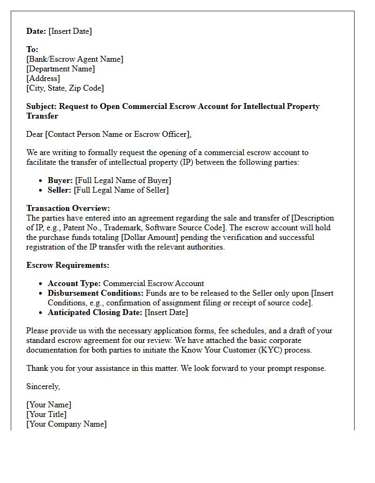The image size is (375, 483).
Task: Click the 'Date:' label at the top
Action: click(x=36, y=31)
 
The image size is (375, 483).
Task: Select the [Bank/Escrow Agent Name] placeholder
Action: click(x=74, y=59)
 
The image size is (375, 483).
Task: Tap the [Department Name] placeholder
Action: click(x=61, y=69)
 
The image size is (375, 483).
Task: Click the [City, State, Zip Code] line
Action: click(x=65, y=88)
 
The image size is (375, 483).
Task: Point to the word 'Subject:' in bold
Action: click(x=43, y=106)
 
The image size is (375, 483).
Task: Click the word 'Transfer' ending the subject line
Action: click(x=42, y=116)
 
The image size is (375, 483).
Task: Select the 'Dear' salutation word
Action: click(x=35, y=134)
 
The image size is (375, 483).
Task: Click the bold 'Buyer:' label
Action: click(x=60, y=180)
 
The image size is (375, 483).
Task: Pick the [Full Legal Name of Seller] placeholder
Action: click(x=121, y=190)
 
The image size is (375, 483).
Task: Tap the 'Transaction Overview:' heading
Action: click(x=68, y=208)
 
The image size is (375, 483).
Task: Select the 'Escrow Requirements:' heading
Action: click(x=67, y=265)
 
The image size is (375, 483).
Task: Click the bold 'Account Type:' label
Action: click(x=74, y=283)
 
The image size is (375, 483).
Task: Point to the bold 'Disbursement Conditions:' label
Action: click(x=95, y=293)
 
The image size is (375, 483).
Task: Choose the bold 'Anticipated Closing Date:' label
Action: click(x=95, y=312)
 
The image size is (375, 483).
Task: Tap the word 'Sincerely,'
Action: click(x=43, y=386)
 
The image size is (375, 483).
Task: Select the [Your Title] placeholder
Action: click(x=47, y=414)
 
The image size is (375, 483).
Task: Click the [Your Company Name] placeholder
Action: click(x=66, y=424)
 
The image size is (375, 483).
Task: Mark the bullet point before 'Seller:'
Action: click(x=42, y=191)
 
